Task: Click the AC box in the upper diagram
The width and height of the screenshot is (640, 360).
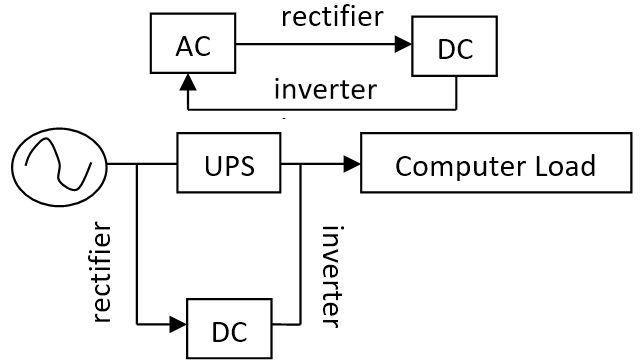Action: (193, 43)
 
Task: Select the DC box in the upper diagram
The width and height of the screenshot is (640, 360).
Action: (454, 46)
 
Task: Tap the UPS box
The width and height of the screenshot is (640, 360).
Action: (229, 162)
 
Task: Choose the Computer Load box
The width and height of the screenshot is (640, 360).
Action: (496, 162)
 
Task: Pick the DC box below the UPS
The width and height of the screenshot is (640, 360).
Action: (229, 329)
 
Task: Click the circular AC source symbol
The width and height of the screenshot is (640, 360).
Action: (59, 167)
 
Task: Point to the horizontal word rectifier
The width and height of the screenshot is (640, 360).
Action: (332, 17)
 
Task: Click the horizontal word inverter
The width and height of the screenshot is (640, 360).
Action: (325, 90)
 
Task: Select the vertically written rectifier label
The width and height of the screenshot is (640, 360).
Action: (102, 272)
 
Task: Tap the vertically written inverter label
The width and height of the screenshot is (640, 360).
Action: (332, 277)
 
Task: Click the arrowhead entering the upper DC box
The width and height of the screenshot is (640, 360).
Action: (403, 44)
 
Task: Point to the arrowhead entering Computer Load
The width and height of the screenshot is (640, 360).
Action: (352, 164)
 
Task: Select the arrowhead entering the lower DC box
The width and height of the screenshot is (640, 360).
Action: (178, 324)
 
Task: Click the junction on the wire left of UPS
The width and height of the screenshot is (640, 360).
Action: (137, 164)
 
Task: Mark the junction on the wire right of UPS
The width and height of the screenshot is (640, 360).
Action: (301, 164)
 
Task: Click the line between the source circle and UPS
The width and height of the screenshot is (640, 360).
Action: (142, 164)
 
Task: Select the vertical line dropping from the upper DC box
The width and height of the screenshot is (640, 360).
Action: (456, 93)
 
